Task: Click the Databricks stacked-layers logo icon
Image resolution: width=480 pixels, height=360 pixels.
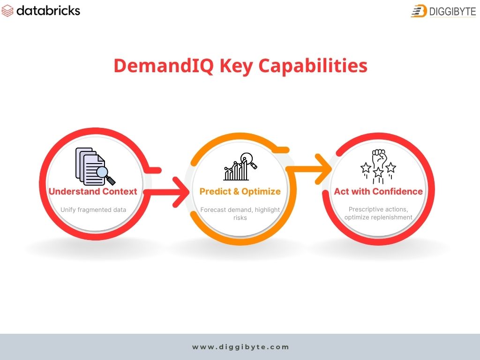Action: coord(8,10)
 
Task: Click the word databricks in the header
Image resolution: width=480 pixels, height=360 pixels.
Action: coord(48,10)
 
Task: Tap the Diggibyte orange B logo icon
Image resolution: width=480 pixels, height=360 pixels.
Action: coord(419,11)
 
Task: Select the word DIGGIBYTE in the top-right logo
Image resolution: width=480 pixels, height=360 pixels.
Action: coord(451,11)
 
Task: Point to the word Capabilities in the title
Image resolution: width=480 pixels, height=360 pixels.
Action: coord(313,66)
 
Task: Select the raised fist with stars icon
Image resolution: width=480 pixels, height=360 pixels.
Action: coord(378,166)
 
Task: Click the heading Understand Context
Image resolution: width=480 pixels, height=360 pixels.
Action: coord(93,191)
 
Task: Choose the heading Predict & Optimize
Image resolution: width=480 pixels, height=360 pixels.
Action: coord(240,191)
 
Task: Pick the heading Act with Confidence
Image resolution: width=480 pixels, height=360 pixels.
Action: coord(378,191)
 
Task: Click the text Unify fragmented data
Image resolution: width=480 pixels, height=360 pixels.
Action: coord(93,210)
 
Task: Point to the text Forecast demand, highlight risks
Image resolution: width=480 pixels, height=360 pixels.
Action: coord(240,213)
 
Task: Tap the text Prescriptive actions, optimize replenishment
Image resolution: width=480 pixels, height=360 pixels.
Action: coord(378,213)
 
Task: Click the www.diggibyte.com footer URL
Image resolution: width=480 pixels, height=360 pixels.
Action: coord(240,347)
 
